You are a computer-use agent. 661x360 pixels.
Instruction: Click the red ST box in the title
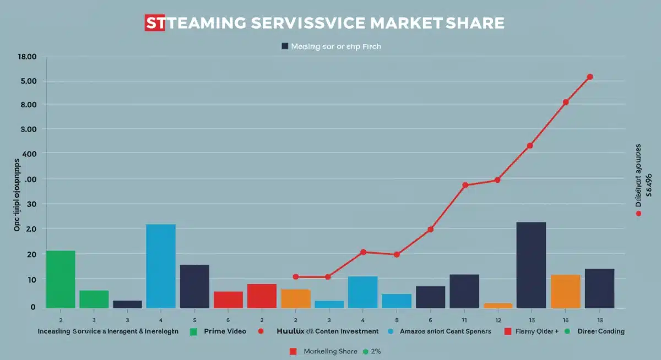point(154,23)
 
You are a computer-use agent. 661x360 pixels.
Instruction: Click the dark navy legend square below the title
point(285,47)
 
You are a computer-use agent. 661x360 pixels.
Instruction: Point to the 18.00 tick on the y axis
point(27,57)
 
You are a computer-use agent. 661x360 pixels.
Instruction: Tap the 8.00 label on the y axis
point(28,105)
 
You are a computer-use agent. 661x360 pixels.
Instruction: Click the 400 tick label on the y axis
point(29,153)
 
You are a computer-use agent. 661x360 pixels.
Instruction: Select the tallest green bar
point(61,279)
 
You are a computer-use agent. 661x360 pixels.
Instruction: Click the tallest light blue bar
point(161,266)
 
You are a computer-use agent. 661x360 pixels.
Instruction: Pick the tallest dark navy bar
point(531,265)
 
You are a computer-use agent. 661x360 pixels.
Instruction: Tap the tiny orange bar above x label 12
point(498,305)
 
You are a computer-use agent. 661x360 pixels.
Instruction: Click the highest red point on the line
point(590,77)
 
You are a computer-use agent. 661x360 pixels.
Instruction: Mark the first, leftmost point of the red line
point(296,277)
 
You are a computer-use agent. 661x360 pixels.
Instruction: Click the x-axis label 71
point(464,320)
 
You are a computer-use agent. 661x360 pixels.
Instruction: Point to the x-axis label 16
point(566,320)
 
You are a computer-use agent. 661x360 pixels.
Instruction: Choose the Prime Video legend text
point(225,331)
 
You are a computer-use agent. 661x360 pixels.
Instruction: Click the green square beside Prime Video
point(193,331)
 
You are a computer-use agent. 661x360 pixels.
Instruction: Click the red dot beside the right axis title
point(638,213)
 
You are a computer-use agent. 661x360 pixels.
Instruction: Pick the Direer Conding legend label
point(601,331)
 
